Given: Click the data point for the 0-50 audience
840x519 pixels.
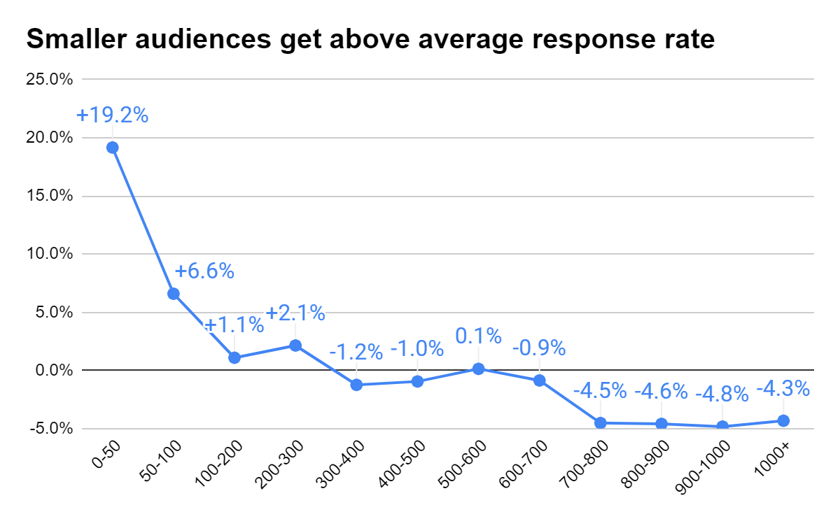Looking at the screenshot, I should click(x=112, y=148).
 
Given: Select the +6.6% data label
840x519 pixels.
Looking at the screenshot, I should click(x=204, y=271).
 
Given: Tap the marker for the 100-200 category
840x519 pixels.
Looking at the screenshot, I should click(x=234, y=357).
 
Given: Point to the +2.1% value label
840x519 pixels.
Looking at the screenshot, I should click(x=295, y=313).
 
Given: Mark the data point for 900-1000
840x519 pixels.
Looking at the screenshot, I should click(x=722, y=426).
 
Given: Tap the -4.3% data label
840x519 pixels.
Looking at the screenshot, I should click(x=783, y=388).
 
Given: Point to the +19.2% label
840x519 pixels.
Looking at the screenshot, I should click(x=113, y=115).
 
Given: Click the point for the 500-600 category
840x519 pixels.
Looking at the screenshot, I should click(x=478, y=369).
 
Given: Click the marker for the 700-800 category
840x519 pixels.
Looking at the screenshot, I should click(x=600, y=422).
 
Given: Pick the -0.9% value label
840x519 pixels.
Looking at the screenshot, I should click(x=539, y=348).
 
